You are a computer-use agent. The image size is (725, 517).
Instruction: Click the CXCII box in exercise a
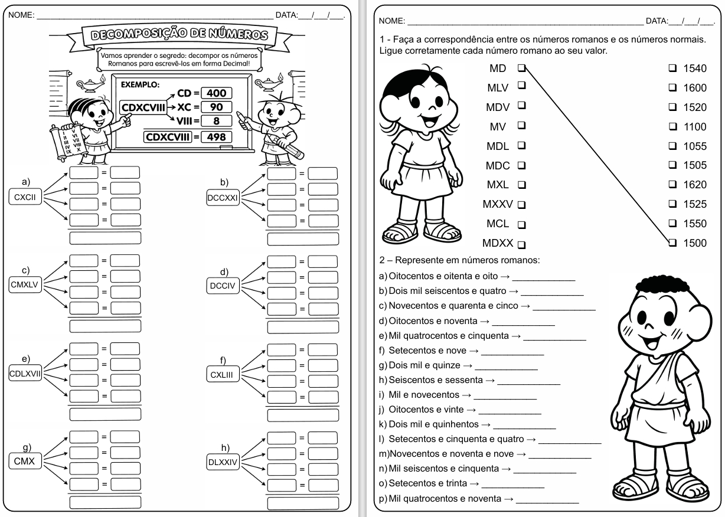click(24, 198)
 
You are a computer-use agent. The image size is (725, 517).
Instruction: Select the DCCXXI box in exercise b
click(223, 198)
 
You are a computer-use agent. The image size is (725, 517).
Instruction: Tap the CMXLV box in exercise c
click(24, 285)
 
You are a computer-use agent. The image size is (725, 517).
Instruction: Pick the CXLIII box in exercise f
click(223, 374)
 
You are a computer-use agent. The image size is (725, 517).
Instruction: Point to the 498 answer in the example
click(215, 138)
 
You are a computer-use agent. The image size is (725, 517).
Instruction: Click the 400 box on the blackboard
click(215, 93)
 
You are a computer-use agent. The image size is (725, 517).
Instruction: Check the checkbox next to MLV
click(521, 86)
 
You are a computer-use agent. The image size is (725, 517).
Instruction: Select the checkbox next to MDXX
click(521, 243)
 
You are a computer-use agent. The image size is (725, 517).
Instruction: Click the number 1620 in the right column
click(695, 185)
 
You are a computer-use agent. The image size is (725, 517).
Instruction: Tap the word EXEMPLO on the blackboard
click(139, 84)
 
